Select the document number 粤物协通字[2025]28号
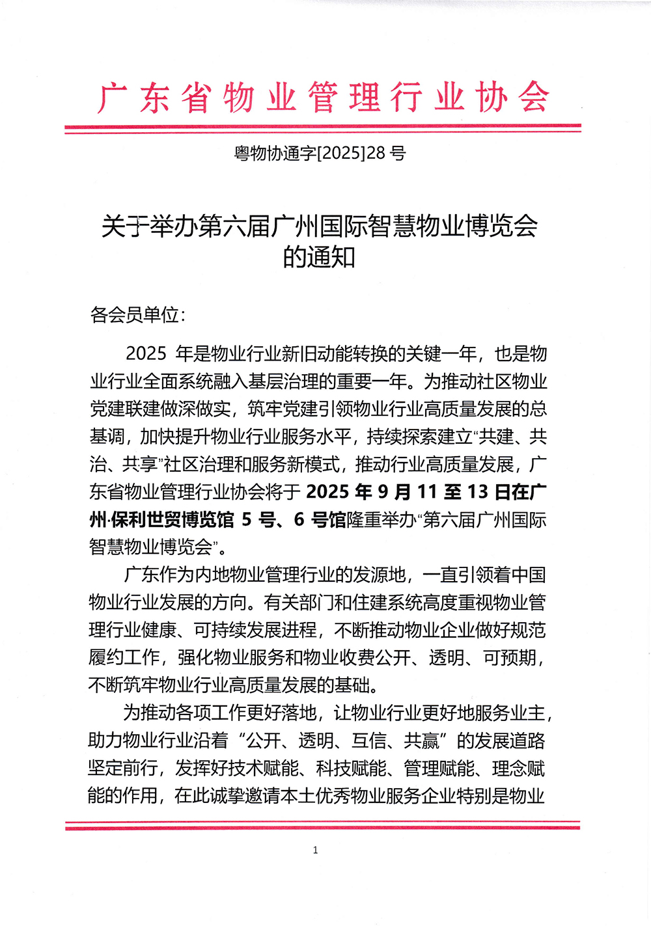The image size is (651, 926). pos(320,154)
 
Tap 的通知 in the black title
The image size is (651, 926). pos(319,257)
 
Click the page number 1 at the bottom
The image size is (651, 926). pos(316,850)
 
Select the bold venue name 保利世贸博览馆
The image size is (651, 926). pos(173,520)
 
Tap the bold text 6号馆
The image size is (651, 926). pos(320,520)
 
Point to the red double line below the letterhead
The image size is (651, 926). pos(322,128)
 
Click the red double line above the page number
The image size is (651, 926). pos(322,826)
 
